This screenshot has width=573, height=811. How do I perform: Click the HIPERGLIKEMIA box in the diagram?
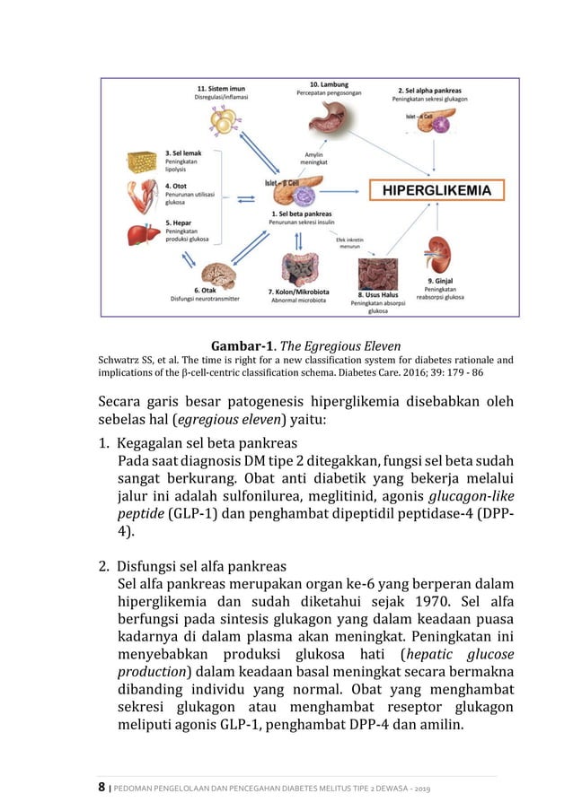click(437, 190)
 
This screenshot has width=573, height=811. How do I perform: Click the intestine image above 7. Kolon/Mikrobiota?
click(298, 266)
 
